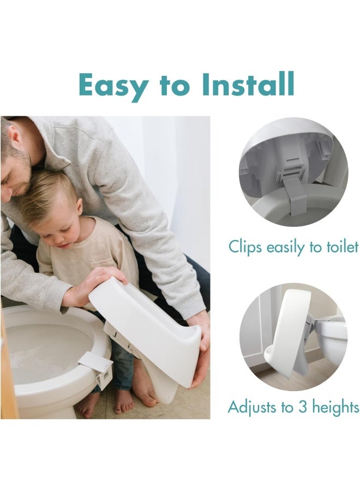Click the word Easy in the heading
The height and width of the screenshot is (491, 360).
[x=111, y=86]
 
